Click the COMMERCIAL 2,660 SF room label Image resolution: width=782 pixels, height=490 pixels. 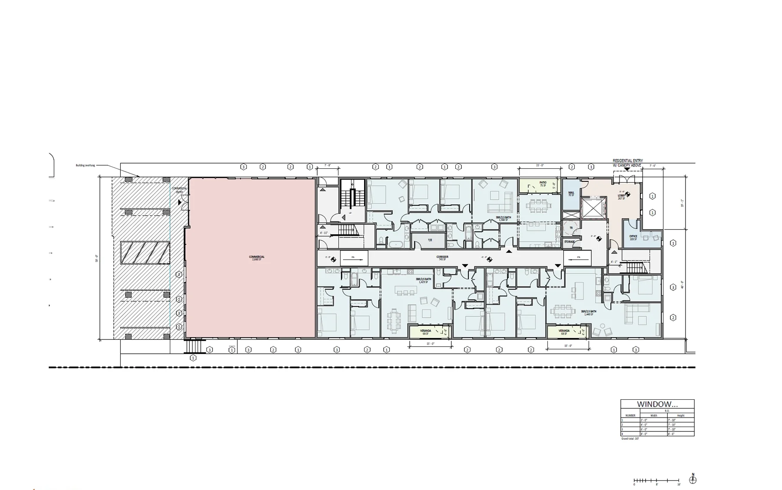pos(256,258)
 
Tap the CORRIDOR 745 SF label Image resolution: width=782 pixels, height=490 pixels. pos(442,258)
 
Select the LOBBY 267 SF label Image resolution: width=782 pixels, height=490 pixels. pos(621,197)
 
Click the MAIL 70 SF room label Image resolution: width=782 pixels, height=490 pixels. pos(571,194)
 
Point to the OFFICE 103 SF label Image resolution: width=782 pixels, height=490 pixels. pos(633,237)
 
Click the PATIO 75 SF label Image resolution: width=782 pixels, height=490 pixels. pos(543,184)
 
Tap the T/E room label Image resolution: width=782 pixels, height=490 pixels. pos(430,240)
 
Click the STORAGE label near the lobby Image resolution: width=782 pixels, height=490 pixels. pos(569,242)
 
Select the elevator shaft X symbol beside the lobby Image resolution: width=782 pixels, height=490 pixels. pos(593,207)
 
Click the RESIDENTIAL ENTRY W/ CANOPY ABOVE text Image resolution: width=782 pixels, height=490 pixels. pos(627,163)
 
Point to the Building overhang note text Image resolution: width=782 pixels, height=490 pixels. pos(85,165)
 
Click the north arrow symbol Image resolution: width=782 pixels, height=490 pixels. pos(693,480)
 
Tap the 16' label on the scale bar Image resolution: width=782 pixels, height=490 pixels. pos(679,484)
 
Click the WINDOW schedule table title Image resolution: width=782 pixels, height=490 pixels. pos(657,404)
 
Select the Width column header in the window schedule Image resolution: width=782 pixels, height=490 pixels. pos(653,415)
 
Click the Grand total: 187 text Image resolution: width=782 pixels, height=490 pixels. pos(630,439)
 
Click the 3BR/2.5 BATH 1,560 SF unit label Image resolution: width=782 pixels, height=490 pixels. pos(503,218)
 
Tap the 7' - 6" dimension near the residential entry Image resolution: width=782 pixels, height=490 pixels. pos(653,166)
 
